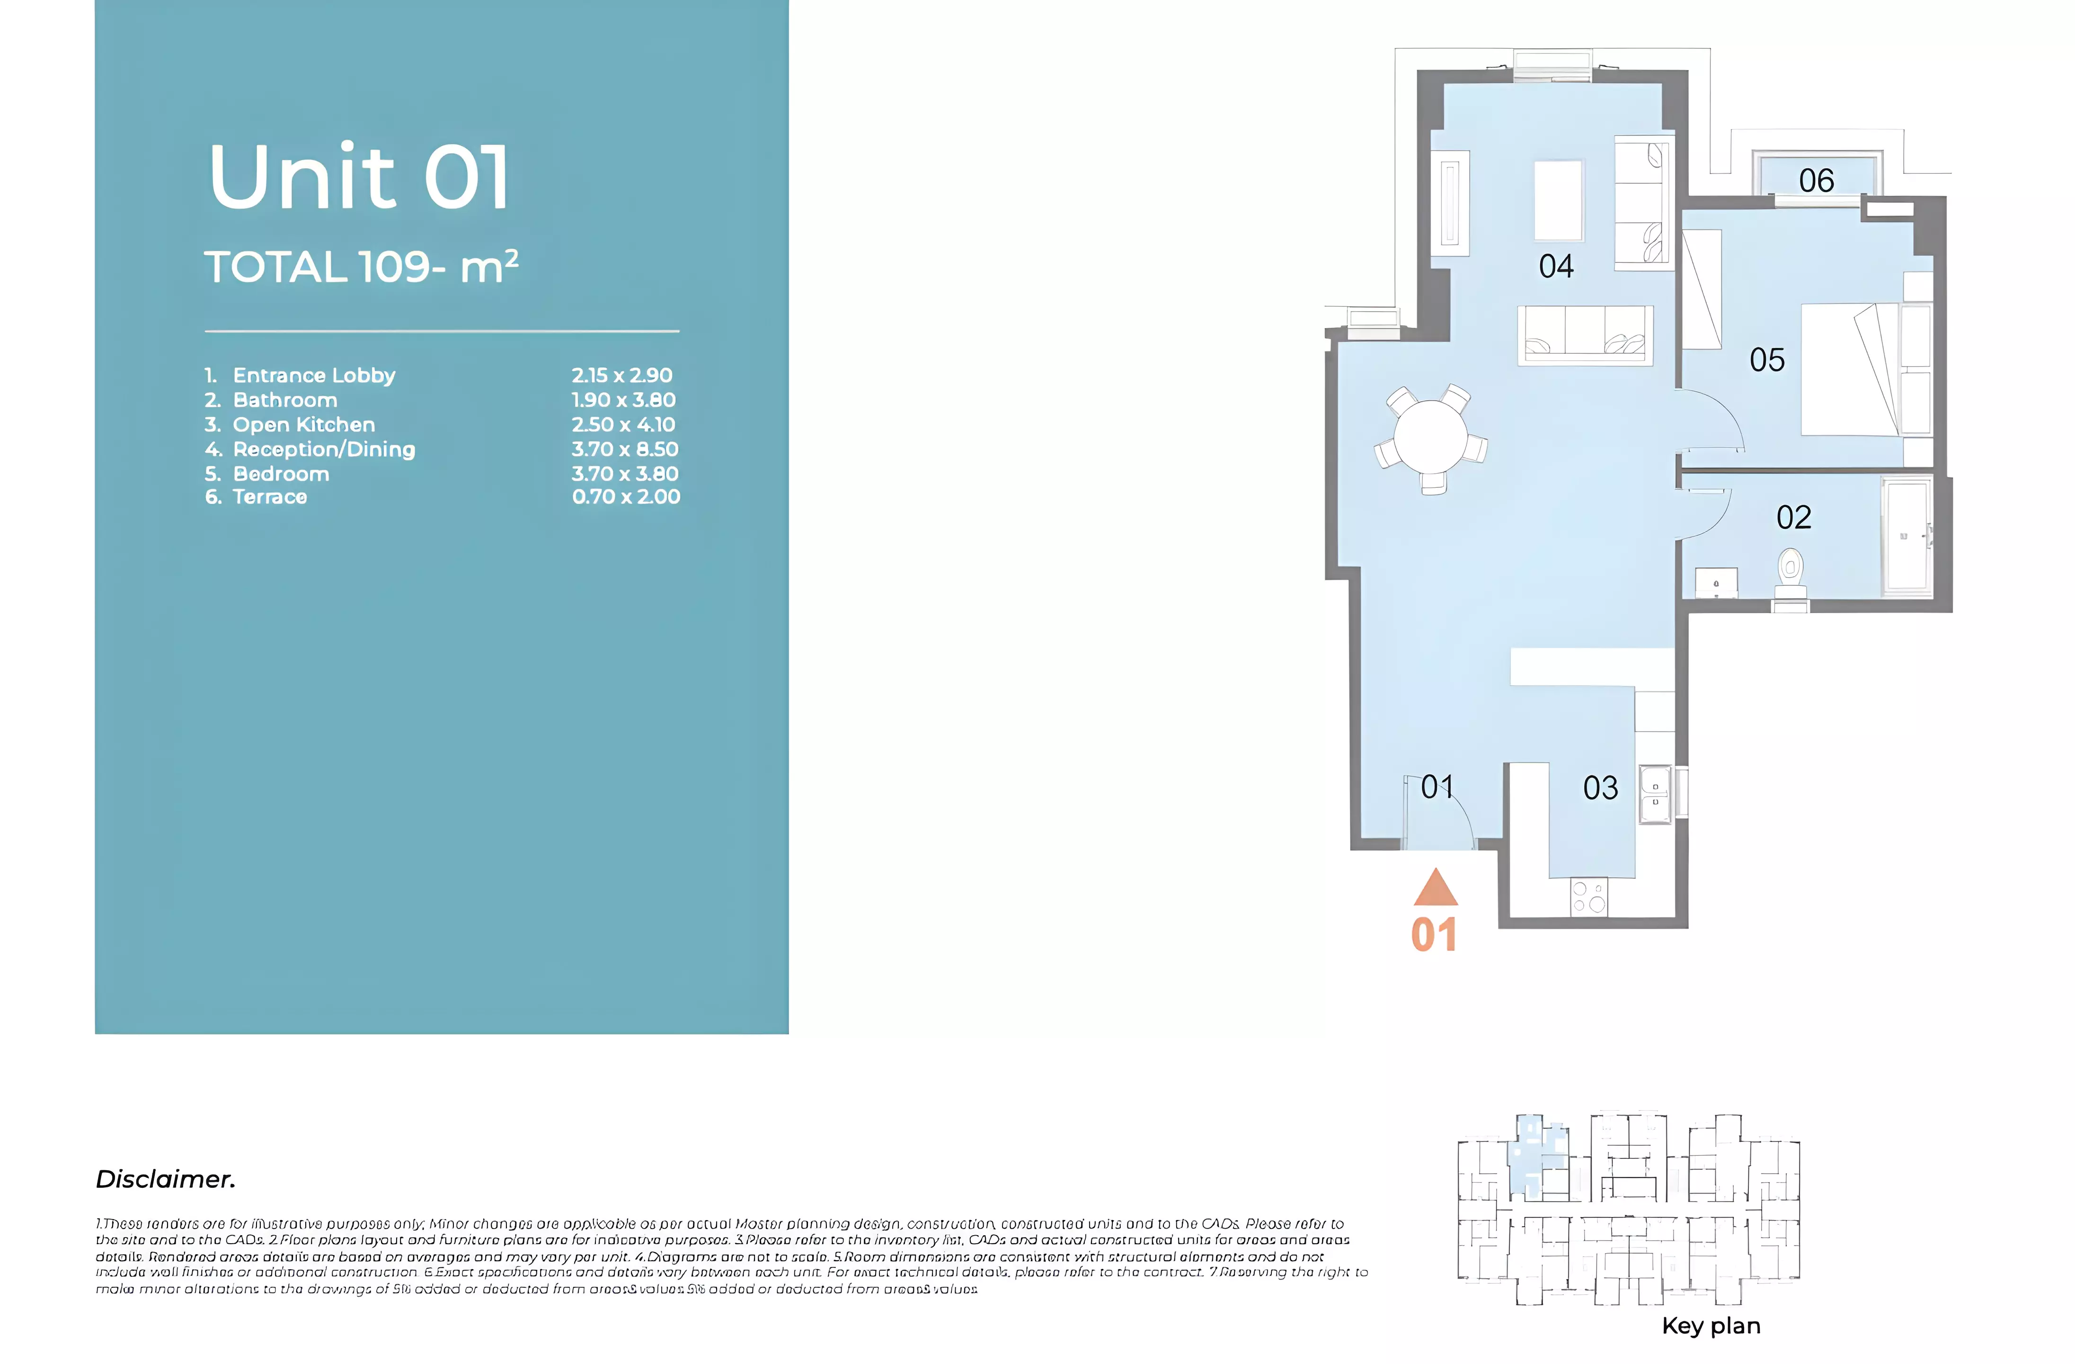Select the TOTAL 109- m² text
pyautogui.click(x=361, y=267)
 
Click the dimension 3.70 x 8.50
pyautogui.click(x=624, y=449)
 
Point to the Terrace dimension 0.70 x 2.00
pyautogui.click(x=625, y=497)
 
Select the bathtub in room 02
pyautogui.click(x=1906, y=536)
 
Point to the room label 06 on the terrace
pyautogui.click(x=1816, y=180)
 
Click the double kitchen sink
pyautogui.click(x=1655, y=794)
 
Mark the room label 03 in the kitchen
pyautogui.click(x=1600, y=789)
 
